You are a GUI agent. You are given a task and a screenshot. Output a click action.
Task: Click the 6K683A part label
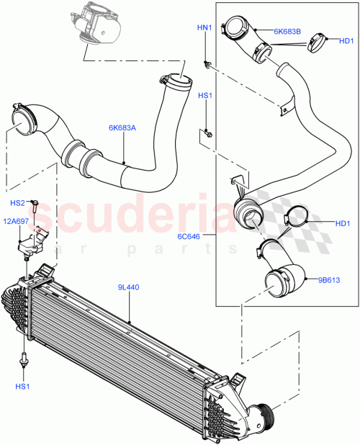pos(122,127)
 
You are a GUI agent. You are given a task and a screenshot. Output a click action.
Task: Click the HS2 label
pos(18,203)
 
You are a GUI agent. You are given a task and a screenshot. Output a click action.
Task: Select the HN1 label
pos(204,28)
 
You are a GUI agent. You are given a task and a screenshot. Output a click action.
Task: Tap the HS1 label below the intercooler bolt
pos(24,387)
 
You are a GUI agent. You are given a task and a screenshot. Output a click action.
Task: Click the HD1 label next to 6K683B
pos(346,41)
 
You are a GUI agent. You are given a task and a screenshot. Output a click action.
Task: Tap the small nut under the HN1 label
pos(207,66)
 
